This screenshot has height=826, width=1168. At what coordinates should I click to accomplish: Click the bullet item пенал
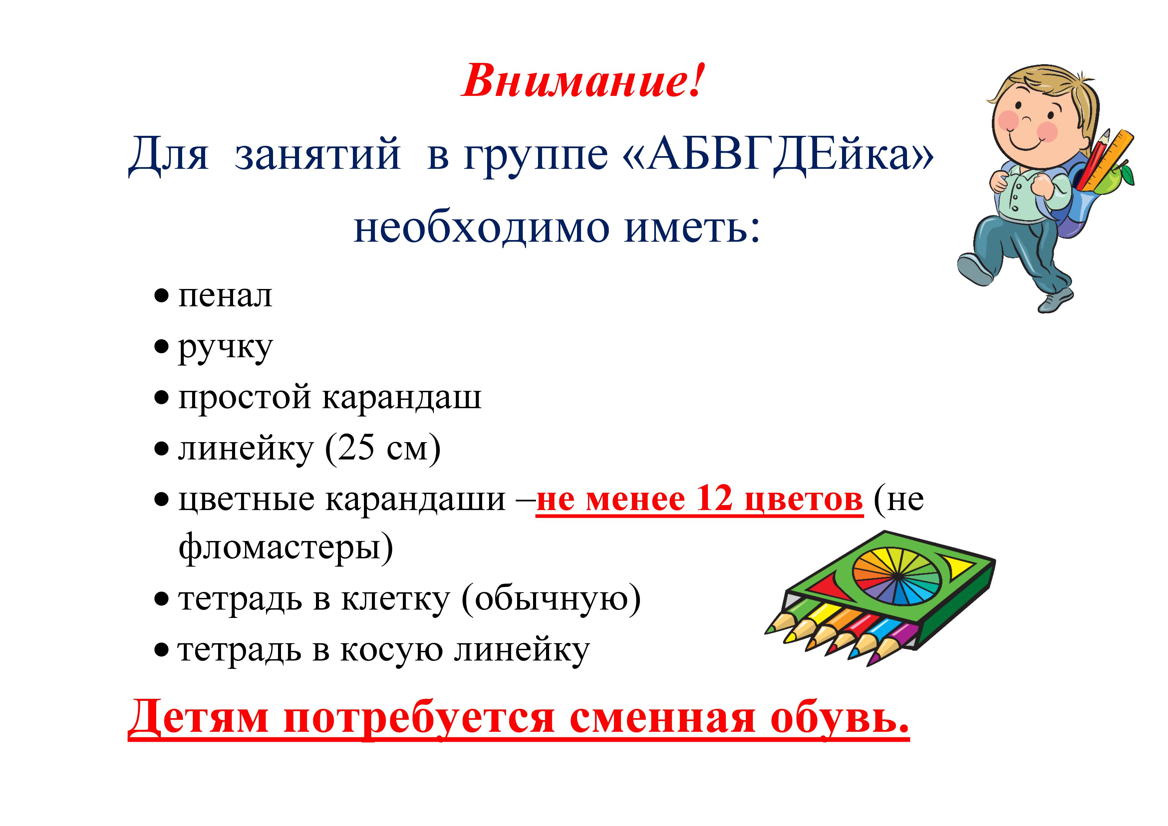pyautogui.click(x=225, y=296)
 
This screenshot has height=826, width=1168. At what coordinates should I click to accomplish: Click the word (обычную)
pyautogui.click(x=551, y=600)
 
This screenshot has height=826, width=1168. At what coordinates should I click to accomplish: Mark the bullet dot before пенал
pyautogui.click(x=161, y=296)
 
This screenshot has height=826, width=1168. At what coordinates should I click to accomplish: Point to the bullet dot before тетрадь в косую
pyautogui.click(x=161, y=651)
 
